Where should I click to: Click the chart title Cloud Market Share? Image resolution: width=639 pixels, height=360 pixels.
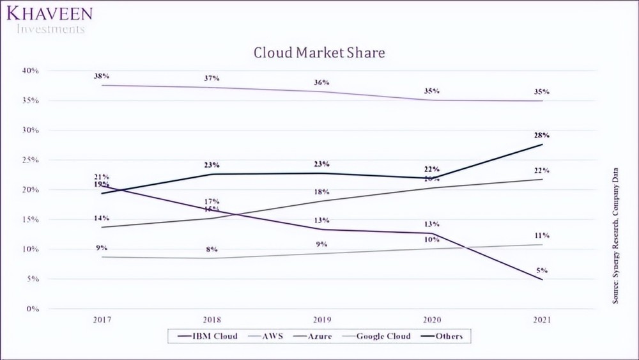coord(319,52)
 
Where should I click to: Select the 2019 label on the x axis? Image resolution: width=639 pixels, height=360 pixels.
coord(321,319)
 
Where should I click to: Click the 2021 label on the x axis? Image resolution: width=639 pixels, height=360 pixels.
coord(542,319)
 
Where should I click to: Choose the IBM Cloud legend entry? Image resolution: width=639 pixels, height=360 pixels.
coord(210,336)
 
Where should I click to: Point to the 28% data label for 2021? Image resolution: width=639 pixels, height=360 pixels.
coord(542,135)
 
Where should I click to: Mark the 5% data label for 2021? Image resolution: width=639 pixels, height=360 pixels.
coord(542,270)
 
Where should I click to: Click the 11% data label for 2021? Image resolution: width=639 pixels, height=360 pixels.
coord(542,235)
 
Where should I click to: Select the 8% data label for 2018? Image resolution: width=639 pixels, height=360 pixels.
coord(212,249)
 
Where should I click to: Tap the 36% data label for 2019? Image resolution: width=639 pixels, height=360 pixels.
coord(321,82)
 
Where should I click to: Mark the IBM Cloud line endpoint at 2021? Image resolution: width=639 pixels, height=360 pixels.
coord(542,279)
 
